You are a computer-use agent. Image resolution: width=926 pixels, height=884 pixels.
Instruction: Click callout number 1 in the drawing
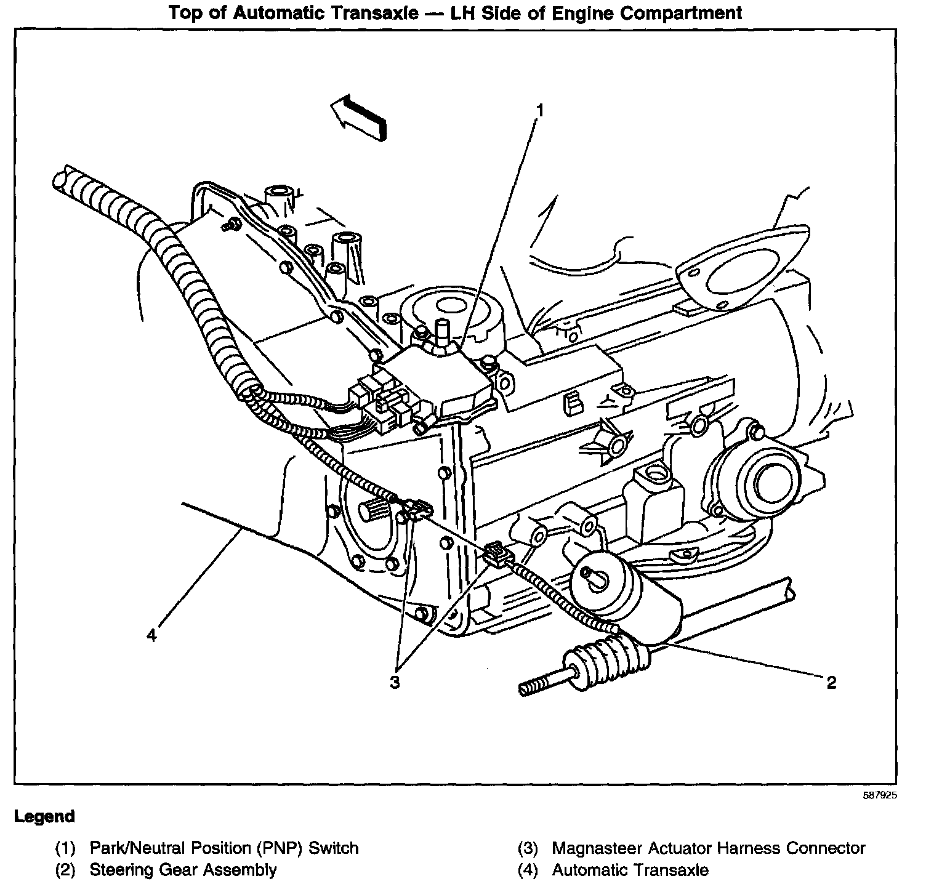click(x=539, y=111)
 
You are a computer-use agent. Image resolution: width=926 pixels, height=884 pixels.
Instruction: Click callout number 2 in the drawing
click(x=831, y=682)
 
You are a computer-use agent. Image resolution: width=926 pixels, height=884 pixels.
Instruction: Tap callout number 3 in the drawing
click(x=395, y=682)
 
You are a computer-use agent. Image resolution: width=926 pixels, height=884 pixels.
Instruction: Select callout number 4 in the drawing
click(x=151, y=635)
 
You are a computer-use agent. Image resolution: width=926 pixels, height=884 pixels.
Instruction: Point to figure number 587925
click(x=879, y=795)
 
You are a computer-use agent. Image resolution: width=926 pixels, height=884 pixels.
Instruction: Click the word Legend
click(x=44, y=817)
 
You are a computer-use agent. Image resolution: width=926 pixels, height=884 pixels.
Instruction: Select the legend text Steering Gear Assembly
click(x=183, y=870)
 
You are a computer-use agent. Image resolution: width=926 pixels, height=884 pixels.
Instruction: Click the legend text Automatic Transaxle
click(x=630, y=870)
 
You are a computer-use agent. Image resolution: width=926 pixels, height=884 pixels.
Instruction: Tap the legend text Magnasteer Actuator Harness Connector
click(x=708, y=848)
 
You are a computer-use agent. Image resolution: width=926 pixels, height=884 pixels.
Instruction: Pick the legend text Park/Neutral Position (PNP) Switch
click(x=224, y=848)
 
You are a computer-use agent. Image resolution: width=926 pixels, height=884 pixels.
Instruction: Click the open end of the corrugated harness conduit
click(x=60, y=182)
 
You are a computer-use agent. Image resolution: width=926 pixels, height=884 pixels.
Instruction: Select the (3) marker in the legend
click(x=528, y=848)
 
